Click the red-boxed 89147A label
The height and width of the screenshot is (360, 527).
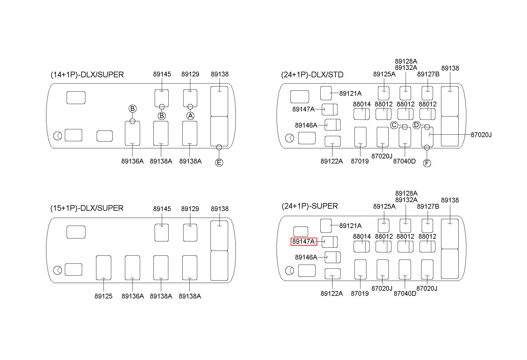304,242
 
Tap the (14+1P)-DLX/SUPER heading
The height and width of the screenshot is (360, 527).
87,75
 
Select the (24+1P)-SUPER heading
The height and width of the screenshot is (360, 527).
310,206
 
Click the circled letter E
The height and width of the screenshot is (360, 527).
219,163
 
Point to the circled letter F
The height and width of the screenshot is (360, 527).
427,163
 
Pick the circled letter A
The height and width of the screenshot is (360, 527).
190,116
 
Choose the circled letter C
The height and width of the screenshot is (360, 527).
394,125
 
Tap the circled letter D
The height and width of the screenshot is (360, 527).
416,125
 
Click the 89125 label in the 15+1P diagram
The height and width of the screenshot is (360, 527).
103,296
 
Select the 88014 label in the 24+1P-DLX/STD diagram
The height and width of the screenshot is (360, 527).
362,104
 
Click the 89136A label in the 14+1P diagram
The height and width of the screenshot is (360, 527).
132,161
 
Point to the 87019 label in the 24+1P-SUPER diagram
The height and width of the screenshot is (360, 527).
360,293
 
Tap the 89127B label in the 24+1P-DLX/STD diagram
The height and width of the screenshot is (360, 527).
428,74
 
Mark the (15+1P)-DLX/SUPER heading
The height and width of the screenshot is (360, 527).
87,208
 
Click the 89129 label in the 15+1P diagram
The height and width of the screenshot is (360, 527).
190,209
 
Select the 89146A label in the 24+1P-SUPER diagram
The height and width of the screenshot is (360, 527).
306,257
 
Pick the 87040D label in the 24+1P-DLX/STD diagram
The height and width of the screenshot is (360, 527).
404,161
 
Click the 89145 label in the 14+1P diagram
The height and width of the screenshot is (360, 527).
162,74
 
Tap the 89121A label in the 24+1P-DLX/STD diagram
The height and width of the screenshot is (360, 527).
350,93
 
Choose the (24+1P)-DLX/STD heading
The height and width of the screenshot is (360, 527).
312,75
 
